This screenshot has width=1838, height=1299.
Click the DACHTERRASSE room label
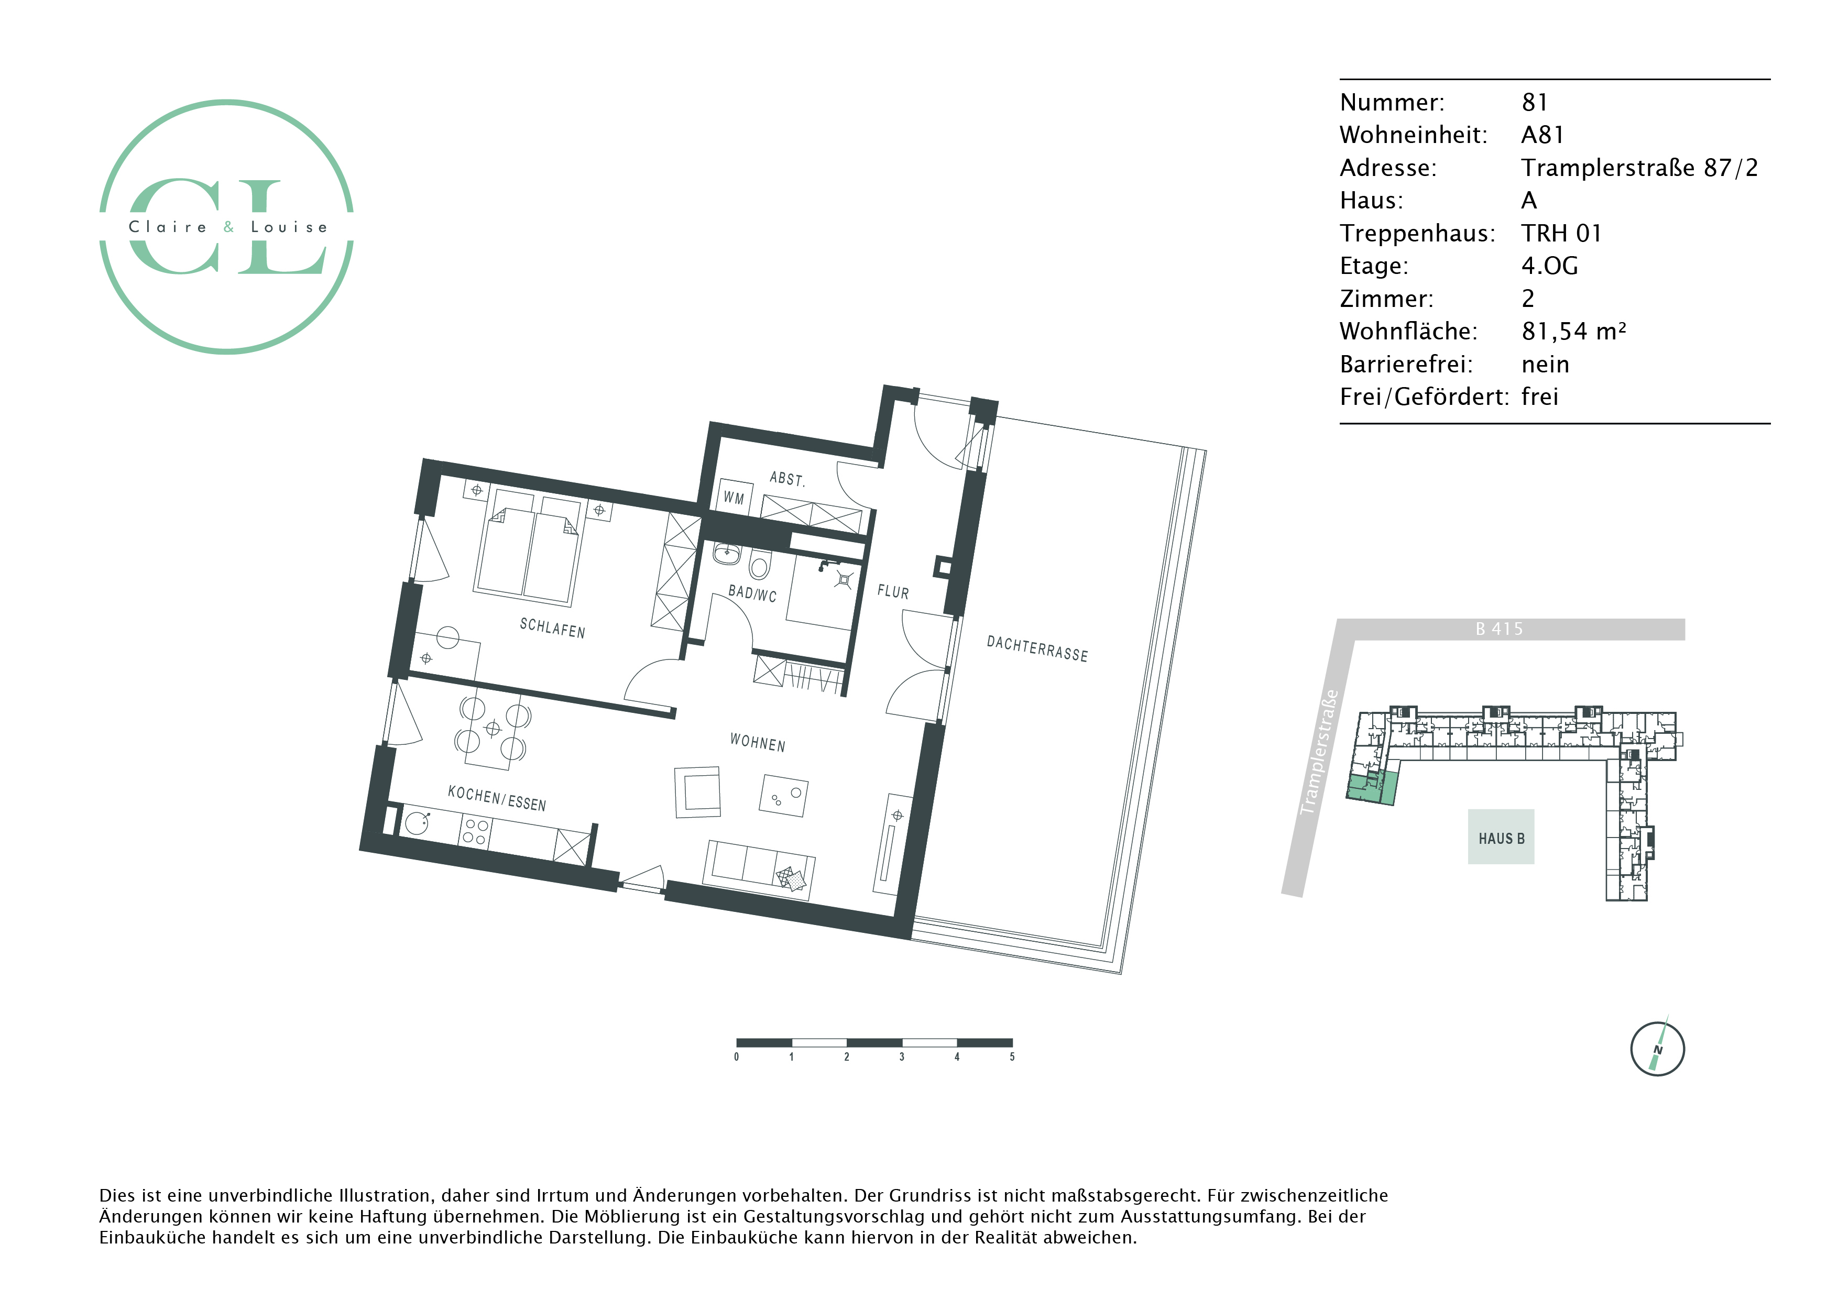pyautogui.click(x=1037, y=648)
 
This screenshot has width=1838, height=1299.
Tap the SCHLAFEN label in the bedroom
pyautogui.click(x=552, y=628)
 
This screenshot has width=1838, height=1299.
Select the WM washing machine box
pyautogui.click(x=734, y=498)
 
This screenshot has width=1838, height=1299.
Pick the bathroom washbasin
pyautogui.click(x=727, y=552)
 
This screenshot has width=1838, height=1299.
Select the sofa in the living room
pyautogui.click(x=758, y=871)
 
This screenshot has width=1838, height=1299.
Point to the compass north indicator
pyautogui.click(x=1658, y=1049)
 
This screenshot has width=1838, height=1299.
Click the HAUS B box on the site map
pyautogui.click(x=1501, y=837)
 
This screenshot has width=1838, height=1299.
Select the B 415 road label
pyautogui.click(x=1500, y=629)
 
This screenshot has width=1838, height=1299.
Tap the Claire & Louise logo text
pyautogui.click(x=228, y=227)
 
